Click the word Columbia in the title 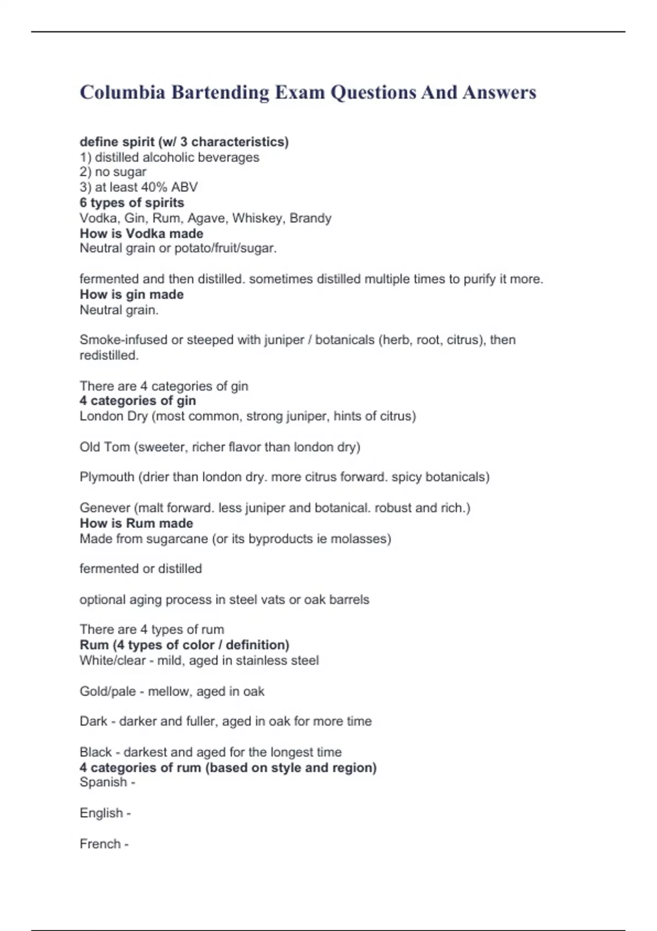pyautogui.click(x=122, y=92)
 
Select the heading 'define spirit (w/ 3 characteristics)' pyautogui.click(x=184, y=142)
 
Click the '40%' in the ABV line pyautogui.click(x=154, y=187)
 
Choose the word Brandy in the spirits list pyautogui.click(x=310, y=218)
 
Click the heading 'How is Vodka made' pyautogui.click(x=141, y=233)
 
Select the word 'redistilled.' pyautogui.click(x=109, y=355)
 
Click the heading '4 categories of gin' pyautogui.click(x=137, y=400)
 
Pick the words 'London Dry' pyautogui.click(x=113, y=416)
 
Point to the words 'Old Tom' pyautogui.click(x=105, y=447)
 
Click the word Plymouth pyautogui.click(x=107, y=477)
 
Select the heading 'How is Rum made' pyautogui.click(x=136, y=523)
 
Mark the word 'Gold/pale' pyautogui.click(x=107, y=691)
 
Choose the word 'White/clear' pyautogui.click(x=112, y=660)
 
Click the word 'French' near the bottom pyautogui.click(x=100, y=844)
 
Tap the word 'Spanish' pyautogui.click(x=103, y=782)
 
